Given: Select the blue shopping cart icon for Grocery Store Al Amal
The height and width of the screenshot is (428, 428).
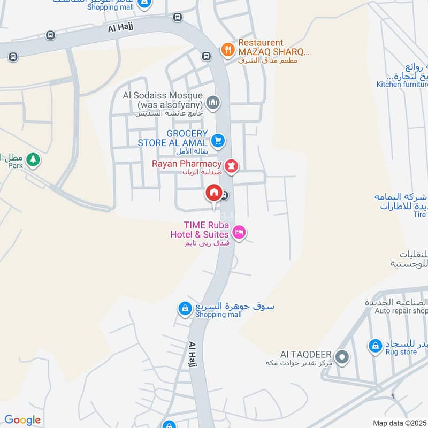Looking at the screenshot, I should click(x=218, y=141).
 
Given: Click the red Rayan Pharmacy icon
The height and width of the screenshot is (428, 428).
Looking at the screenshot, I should click(x=231, y=166).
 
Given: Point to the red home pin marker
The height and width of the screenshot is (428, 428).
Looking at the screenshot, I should click(x=213, y=193).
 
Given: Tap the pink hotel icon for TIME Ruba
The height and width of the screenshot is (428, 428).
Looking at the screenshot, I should click(x=239, y=232).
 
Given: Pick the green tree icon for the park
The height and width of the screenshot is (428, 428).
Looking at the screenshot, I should click(x=34, y=159).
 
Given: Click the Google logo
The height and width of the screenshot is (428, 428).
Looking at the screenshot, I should click(x=22, y=420).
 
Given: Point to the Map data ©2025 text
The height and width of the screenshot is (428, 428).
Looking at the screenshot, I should click(x=399, y=423).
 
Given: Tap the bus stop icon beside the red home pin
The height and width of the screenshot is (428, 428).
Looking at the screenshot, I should click(x=225, y=195).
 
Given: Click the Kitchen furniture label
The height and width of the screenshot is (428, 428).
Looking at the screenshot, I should click(x=402, y=84).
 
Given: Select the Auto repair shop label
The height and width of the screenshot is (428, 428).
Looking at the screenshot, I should click(x=401, y=311).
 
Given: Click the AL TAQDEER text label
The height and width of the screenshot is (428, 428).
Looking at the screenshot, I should click(x=306, y=355).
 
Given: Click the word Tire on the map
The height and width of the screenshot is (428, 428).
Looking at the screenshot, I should click(x=419, y=214).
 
